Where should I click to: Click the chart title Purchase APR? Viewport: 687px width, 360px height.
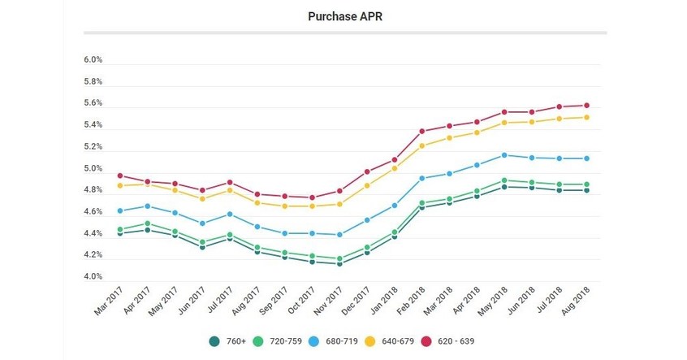[x=343, y=15]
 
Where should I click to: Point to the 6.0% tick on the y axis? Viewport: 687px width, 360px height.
[x=92, y=61]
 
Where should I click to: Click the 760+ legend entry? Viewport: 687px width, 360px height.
[x=227, y=342]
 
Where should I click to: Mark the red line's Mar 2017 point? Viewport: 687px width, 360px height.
[x=120, y=176]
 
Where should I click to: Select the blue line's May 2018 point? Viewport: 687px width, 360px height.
[x=504, y=155]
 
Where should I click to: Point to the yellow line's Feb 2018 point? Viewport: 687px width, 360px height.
[x=422, y=145]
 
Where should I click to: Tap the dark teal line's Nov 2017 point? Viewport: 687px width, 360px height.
[x=339, y=264]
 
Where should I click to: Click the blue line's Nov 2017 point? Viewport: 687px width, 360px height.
[x=339, y=235]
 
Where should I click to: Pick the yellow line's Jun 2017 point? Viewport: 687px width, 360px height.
[x=202, y=199]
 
